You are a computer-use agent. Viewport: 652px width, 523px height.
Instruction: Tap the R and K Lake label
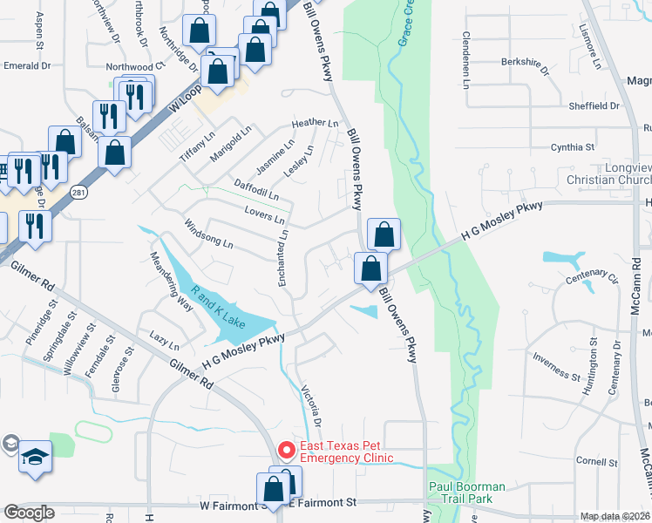click(220, 309)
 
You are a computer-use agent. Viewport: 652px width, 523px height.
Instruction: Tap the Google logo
click(30, 513)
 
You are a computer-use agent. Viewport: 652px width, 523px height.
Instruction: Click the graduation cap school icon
click(36, 457)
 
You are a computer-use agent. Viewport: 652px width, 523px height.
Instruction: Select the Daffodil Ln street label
click(256, 189)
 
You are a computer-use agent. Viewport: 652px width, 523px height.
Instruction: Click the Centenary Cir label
click(591, 280)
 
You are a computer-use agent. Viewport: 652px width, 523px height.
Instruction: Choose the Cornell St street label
click(590, 461)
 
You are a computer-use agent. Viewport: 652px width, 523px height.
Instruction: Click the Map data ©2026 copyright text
click(615, 516)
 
